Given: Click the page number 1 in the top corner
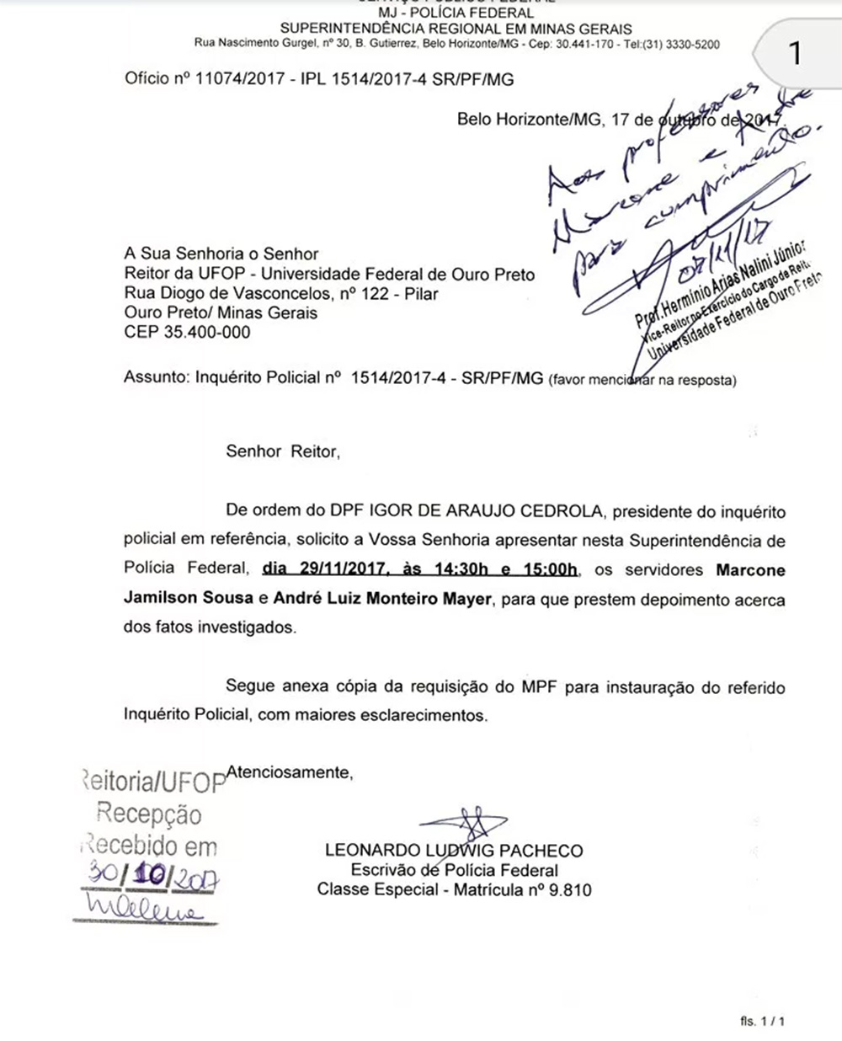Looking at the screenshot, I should (x=795, y=54).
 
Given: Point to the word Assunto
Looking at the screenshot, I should (x=155, y=379).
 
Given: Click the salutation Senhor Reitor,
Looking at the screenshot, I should (x=283, y=451).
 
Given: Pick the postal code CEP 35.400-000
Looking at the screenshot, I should (x=187, y=332).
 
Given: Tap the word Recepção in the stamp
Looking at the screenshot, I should (x=149, y=815).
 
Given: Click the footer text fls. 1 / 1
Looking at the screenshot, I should (x=762, y=1022).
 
